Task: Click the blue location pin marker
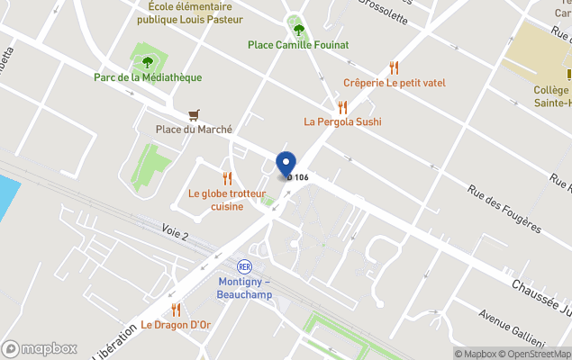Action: pos(286,164)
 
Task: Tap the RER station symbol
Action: pos(244,266)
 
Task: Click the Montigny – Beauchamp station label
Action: pos(244,287)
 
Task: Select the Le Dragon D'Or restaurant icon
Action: pos(176,310)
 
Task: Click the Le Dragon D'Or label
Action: pos(176,325)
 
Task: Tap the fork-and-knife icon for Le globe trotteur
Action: pos(227,178)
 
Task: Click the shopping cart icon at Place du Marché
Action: pos(194,115)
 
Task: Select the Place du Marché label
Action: pos(194,130)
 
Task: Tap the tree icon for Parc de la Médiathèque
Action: pos(148,62)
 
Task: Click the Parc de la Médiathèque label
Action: pos(148,77)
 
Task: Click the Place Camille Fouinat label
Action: pos(298,45)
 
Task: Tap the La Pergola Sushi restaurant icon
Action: pos(342,106)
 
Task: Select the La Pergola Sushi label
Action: pos(342,121)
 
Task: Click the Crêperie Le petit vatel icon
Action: pos(394,67)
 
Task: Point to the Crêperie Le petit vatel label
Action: pos(394,83)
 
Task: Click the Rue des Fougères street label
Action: pos(504,210)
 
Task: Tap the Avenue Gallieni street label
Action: pos(511,329)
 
